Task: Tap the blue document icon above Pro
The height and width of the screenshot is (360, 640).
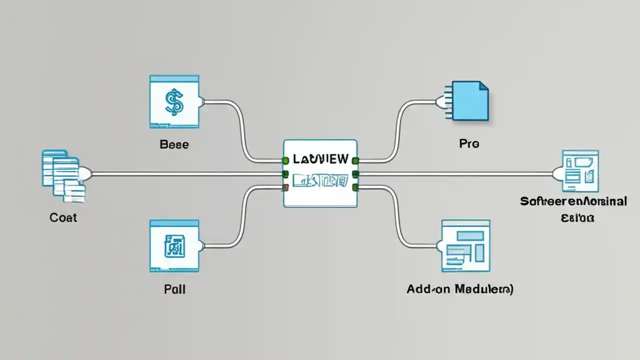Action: point(469,100)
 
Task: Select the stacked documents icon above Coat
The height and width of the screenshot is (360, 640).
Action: point(63,175)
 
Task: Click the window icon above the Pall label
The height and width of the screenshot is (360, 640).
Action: point(174,246)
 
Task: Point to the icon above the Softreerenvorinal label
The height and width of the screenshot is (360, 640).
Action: point(580,171)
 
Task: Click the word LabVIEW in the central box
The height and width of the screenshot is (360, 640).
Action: point(320,159)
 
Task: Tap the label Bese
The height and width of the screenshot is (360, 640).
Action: point(174,144)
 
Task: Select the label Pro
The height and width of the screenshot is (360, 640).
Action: point(468,144)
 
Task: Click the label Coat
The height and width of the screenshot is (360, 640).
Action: point(63,217)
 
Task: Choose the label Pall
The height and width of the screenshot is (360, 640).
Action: point(174,289)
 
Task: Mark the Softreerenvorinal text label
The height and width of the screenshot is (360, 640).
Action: point(573,201)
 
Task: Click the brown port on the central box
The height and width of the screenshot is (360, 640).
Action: point(285,187)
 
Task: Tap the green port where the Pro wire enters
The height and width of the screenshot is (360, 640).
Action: point(355,160)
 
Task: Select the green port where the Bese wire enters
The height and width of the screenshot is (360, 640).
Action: point(285,160)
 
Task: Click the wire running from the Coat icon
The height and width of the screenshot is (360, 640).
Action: point(185,174)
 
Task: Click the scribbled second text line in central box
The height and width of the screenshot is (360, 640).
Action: point(320,180)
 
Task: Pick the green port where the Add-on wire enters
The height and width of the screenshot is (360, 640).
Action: point(355,187)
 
